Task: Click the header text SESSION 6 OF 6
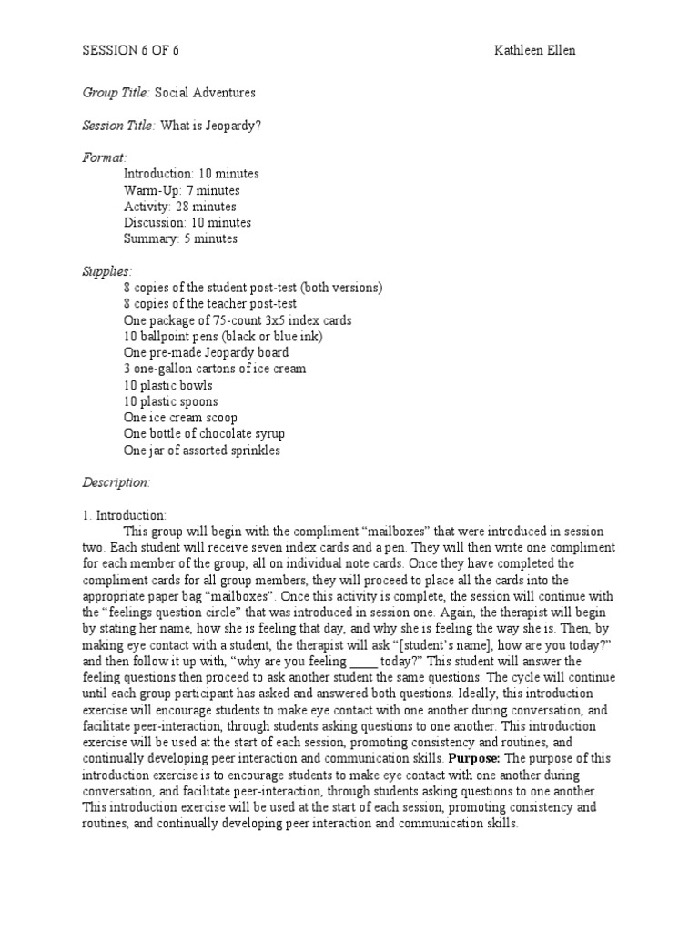[131, 51]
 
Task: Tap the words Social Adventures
[205, 93]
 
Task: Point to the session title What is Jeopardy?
[211, 126]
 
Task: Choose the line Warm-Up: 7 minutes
[181, 190]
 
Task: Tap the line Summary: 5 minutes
[180, 239]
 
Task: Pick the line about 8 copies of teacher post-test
[210, 304]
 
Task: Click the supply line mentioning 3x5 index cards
[237, 320]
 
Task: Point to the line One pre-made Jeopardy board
[207, 352]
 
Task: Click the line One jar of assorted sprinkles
[202, 451]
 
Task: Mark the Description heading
[116, 482]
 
